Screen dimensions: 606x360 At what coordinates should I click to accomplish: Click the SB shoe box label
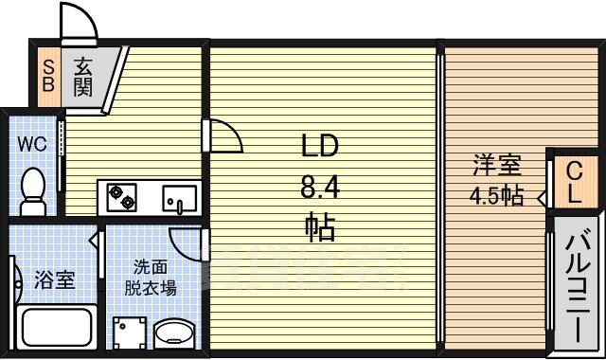pyautogui.click(x=48, y=76)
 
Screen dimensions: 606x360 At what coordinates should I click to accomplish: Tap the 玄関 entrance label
pyautogui.click(x=83, y=77)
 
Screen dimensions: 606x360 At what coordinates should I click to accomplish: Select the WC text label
pyautogui.click(x=32, y=144)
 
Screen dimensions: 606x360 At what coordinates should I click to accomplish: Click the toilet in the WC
pyautogui.click(x=33, y=191)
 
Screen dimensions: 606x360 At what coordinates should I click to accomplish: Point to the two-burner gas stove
pyautogui.click(x=122, y=197)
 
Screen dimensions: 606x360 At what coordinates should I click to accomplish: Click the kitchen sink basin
pyautogui.click(x=179, y=199)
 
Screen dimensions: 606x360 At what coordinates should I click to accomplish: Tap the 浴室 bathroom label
pyautogui.click(x=55, y=279)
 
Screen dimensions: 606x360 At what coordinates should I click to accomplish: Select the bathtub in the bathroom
pyautogui.click(x=57, y=327)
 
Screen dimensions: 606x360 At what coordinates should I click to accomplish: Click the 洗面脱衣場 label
pyautogui.click(x=151, y=278)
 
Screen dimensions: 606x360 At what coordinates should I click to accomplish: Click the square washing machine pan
pyautogui.click(x=130, y=333)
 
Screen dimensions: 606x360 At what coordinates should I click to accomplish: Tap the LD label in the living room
pyautogui.click(x=320, y=146)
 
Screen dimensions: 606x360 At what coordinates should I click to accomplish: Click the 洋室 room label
pyautogui.click(x=497, y=165)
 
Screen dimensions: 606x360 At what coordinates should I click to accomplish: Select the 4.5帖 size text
pyautogui.click(x=496, y=196)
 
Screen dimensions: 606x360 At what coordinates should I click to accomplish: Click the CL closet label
pyautogui.click(x=575, y=182)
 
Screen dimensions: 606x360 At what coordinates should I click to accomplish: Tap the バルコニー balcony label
pyautogui.click(x=578, y=285)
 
